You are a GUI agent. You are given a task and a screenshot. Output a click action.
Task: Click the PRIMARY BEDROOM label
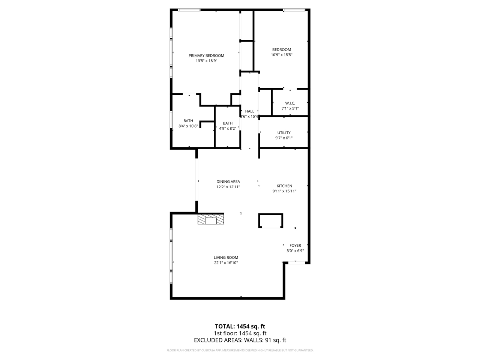206,55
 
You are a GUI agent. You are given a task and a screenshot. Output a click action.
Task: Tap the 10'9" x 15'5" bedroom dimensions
281,55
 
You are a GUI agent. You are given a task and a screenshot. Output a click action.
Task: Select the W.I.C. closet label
290,103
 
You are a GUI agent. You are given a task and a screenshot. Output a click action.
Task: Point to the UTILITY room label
284,133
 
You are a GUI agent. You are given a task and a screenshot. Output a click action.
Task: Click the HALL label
249,111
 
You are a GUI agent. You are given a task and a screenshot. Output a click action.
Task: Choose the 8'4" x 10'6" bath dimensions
188,126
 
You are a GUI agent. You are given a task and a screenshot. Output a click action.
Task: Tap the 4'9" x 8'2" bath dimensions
228,129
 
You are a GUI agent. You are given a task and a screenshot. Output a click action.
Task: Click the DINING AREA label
228,181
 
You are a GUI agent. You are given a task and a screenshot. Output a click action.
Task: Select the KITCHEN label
284,186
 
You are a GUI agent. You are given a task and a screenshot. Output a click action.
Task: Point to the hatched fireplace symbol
211,219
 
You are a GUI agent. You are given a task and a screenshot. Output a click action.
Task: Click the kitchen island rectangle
270,221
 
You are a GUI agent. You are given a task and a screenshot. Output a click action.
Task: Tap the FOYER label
295,246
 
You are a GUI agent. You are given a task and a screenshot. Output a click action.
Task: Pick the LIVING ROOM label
226,258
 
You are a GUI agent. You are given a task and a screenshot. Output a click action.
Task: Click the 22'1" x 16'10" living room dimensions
226,263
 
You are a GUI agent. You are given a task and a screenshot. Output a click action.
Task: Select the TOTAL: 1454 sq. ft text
240,326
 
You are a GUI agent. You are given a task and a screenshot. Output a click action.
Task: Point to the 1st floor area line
240,333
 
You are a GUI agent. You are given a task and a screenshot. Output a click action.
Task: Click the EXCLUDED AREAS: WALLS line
240,340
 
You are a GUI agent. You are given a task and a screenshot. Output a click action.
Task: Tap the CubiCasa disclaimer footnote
240,350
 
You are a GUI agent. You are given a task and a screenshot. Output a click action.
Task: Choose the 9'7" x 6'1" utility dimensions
284,138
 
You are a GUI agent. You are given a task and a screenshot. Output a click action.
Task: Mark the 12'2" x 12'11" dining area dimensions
228,187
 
